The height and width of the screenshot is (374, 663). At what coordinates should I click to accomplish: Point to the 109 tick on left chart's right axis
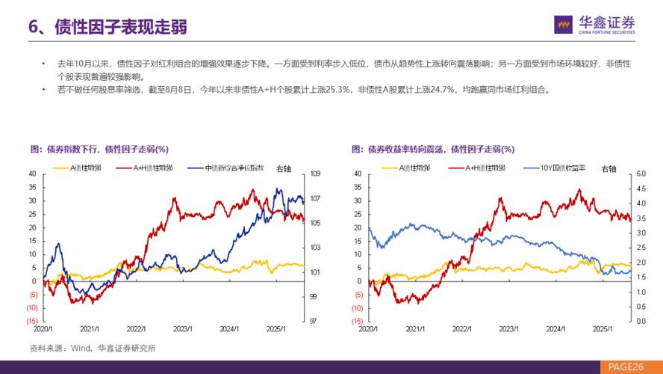click(314, 174)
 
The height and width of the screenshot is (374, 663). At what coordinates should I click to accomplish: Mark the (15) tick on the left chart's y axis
click(31, 321)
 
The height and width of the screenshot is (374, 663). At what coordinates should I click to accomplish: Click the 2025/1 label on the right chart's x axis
click(601, 328)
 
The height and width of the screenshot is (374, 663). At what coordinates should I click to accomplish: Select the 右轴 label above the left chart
click(285, 168)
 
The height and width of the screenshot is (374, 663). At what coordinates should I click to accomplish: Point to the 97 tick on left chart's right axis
click(314, 321)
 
